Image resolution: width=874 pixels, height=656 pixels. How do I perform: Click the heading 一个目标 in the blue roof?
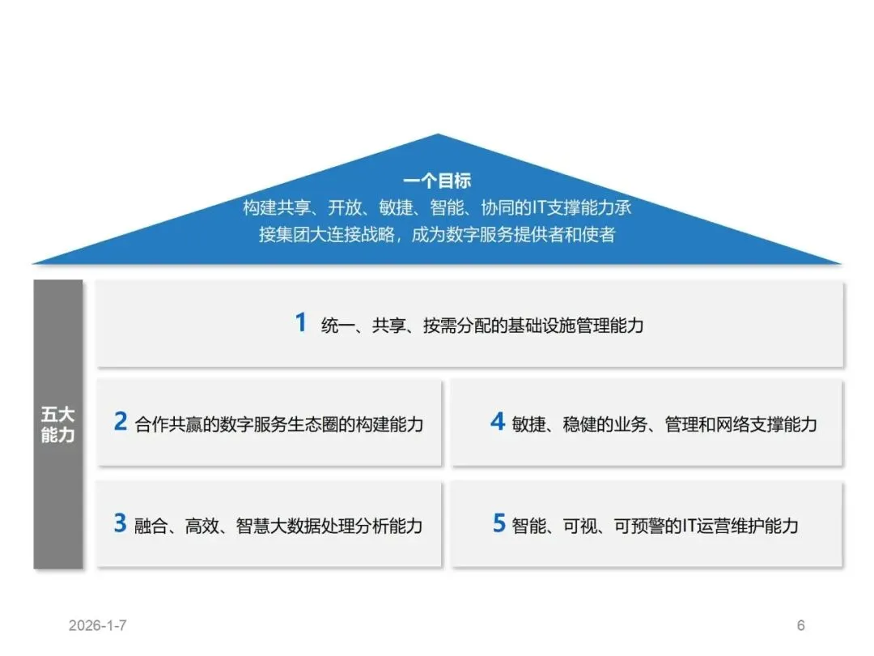[x=437, y=181]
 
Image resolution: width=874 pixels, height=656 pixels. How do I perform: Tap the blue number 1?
[x=300, y=323]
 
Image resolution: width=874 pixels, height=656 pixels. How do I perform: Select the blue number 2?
[x=121, y=422]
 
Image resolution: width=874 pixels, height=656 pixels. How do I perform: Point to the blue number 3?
[x=121, y=523]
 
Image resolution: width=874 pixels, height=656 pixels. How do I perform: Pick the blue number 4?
[x=498, y=422]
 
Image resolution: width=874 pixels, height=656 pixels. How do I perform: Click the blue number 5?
[x=499, y=523]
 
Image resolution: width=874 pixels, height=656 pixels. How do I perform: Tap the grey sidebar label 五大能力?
[x=57, y=424]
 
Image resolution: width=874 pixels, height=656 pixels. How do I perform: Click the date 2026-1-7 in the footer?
[x=98, y=625]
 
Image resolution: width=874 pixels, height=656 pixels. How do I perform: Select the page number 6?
[x=801, y=625]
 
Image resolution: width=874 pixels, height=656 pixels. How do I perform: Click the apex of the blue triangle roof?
[x=438, y=136]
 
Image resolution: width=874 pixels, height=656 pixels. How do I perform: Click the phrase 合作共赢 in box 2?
[x=168, y=424]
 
